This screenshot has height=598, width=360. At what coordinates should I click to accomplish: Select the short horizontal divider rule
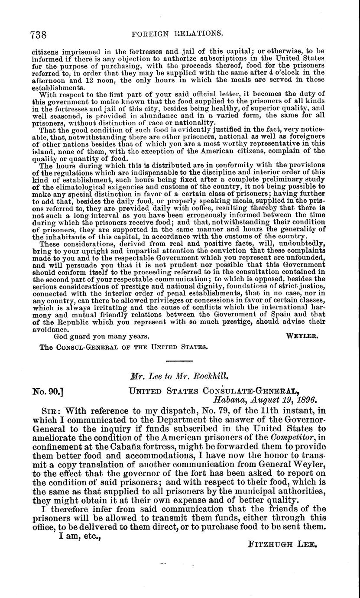pyautogui.click(x=179, y=360)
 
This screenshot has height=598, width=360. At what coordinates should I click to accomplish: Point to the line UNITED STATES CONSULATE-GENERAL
pyautogui.click(x=220, y=391)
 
